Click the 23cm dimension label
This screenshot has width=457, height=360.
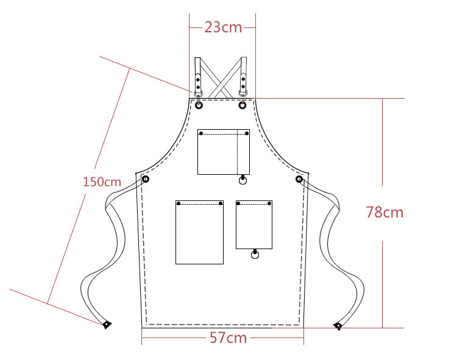pos(223,27)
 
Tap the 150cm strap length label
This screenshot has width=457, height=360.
pos(102,182)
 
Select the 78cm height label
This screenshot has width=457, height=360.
pos(384,212)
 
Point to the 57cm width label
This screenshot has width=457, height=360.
pos(228,338)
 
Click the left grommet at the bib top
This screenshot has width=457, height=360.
pos(199,105)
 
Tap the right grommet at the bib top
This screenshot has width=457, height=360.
pos(243,105)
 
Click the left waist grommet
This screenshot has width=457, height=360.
pos(146,179)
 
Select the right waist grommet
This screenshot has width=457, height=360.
pos(299,179)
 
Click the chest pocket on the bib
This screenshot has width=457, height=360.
pos(224,152)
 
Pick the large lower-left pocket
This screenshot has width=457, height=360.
pos(199,232)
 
